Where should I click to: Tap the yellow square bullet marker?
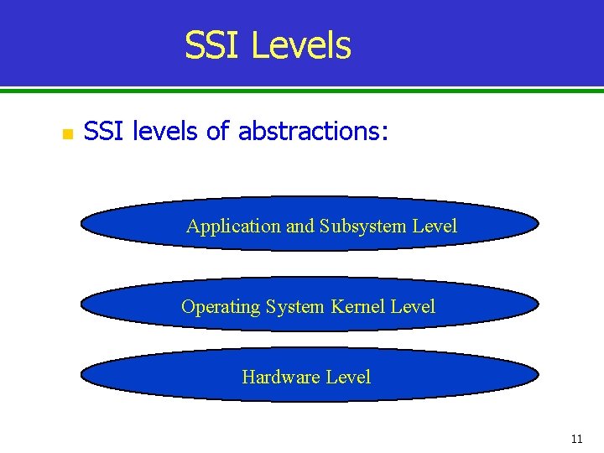(x=67, y=133)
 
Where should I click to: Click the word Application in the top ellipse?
(x=233, y=226)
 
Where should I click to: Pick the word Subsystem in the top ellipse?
(x=363, y=226)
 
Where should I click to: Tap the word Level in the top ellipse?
(x=435, y=226)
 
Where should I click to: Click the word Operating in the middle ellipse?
(x=221, y=307)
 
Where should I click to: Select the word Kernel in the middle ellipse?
(x=359, y=306)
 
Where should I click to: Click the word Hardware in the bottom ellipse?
(x=282, y=377)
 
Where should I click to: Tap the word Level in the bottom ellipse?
(x=348, y=377)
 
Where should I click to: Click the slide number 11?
(x=576, y=439)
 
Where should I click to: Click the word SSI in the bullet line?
(x=105, y=132)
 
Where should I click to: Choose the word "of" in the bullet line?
(x=216, y=132)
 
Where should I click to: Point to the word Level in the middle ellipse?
(x=413, y=306)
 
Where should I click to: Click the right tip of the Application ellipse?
(x=539, y=224)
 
